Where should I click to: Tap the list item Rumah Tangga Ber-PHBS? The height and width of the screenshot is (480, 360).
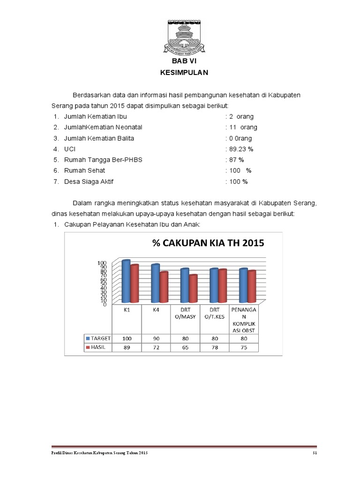(103, 160)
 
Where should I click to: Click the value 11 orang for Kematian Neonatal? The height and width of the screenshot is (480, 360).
(241, 127)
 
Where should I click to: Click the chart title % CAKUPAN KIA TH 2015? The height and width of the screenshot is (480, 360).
(208, 243)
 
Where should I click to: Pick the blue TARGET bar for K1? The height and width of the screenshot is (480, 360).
(126, 281)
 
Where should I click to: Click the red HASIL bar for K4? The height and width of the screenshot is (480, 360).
(164, 287)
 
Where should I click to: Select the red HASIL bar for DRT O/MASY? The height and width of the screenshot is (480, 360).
(193, 289)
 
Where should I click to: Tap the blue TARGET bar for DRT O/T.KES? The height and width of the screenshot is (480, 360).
(214, 285)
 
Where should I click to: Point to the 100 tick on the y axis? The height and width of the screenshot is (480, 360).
(102, 263)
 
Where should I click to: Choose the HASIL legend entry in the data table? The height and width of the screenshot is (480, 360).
(96, 348)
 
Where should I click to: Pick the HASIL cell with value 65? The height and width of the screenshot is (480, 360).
(184, 348)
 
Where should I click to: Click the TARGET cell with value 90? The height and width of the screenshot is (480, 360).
(156, 338)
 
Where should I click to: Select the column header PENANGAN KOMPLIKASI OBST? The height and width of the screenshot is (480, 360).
(243, 320)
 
